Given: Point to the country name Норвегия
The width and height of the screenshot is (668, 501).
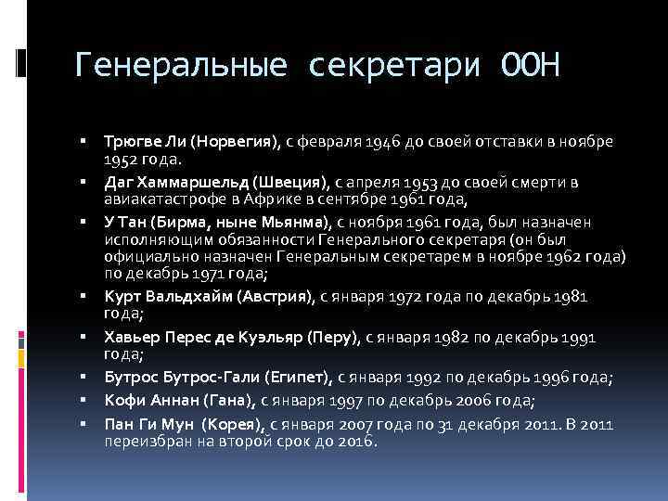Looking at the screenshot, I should pyautogui.click(x=233, y=140).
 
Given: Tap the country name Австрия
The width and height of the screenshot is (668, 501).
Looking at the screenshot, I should pyautogui.click(x=276, y=297).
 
